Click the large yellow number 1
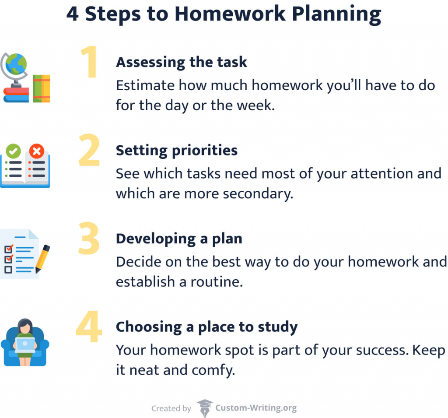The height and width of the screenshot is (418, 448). [90, 63]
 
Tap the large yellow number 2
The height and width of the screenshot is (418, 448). [89, 151]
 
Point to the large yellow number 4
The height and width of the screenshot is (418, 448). [89, 328]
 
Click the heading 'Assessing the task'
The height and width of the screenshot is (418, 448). [181, 62]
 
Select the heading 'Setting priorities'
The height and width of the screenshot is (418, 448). [176, 151]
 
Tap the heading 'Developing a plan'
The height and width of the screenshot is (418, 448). [178, 239]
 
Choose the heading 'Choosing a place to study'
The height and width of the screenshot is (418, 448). [206, 327]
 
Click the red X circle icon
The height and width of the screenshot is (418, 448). [36, 151]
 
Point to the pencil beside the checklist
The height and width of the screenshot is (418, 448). [42, 259]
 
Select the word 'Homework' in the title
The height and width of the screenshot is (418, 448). [233, 14]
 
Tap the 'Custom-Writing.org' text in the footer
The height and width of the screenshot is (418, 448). [256, 408]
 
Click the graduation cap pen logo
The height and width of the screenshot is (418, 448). [204, 408]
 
